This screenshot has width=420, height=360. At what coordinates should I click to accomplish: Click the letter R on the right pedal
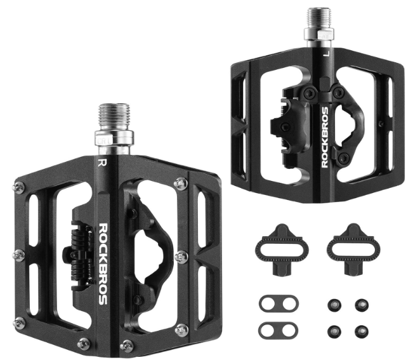pos(101,163)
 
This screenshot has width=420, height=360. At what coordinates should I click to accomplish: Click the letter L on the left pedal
pos(327,54)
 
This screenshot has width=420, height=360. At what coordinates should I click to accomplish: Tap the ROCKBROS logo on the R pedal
pos(103,264)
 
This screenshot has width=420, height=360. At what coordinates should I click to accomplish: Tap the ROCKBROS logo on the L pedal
pos(325,138)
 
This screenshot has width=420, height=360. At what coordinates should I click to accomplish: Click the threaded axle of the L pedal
pos(319,17)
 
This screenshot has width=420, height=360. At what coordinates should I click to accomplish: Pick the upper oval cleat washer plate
pos(279,303)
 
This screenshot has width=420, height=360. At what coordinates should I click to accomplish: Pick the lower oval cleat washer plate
pos(279,330)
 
